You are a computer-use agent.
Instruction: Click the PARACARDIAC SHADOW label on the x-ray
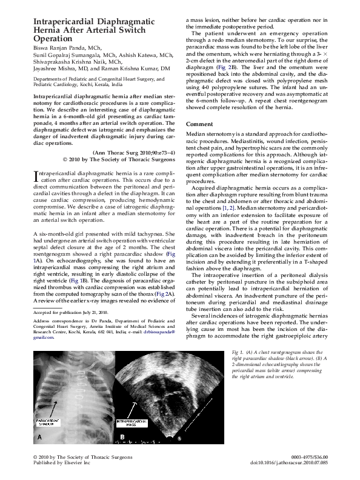pyautogui.click(x=52, y=421)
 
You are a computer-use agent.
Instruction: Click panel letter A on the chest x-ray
pyautogui.click(x=39, y=436)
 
